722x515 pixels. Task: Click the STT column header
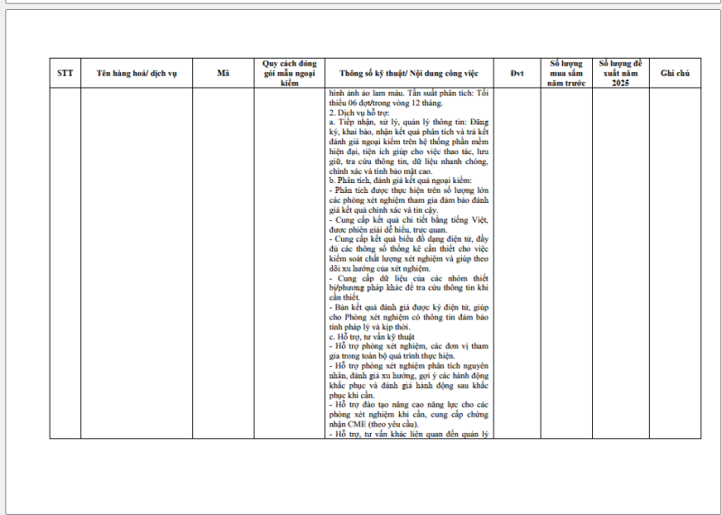[65, 73]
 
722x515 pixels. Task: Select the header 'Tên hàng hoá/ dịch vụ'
[135, 73]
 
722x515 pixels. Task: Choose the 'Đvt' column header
[516, 73]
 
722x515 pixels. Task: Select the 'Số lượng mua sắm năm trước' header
[568, 73]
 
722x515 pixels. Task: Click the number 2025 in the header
[619, 82]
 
